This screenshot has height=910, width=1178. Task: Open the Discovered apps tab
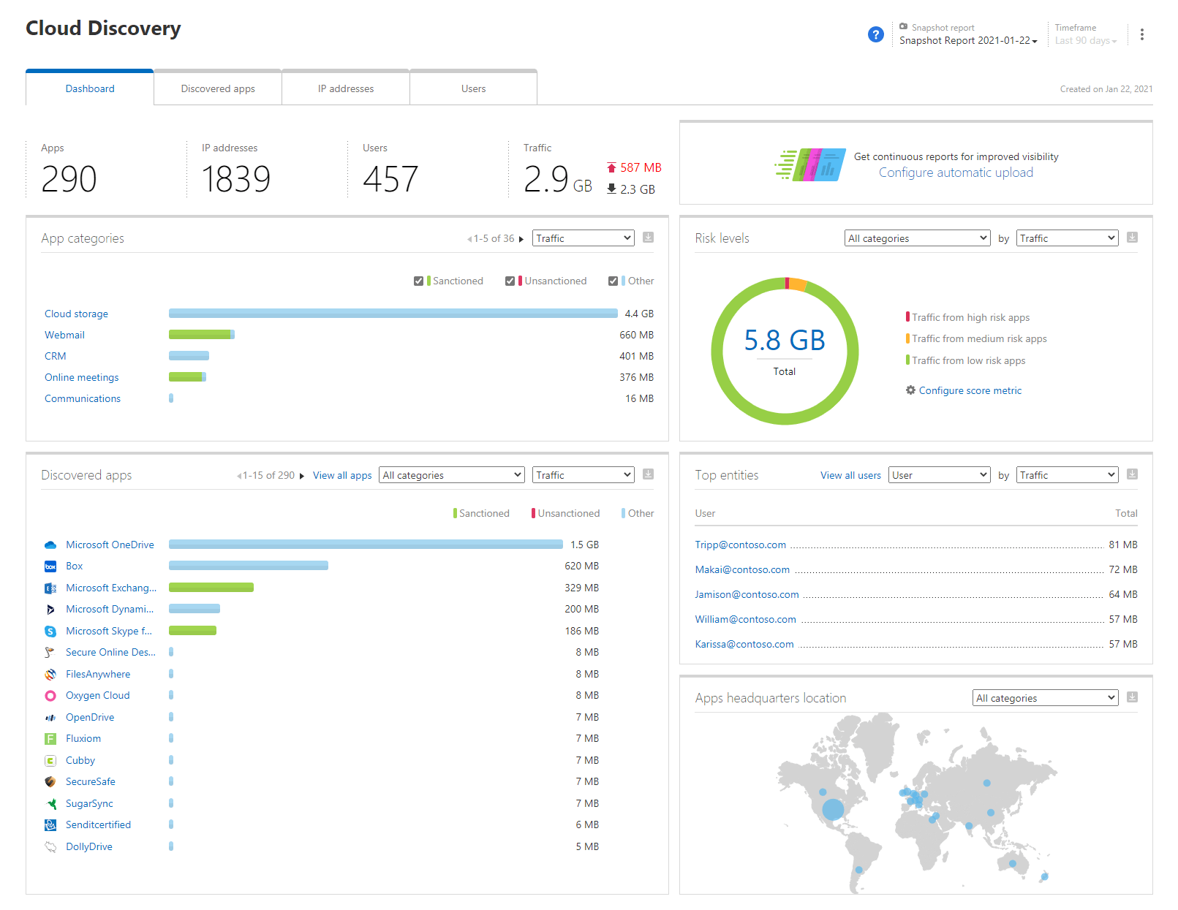point(218,88)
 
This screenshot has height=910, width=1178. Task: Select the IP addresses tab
point(346,88)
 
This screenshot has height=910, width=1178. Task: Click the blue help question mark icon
point(875,34)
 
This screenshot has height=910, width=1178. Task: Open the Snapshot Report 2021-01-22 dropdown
point(968,41)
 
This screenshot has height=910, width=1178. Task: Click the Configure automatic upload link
point(956,172)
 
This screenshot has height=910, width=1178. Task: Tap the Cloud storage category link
point(76,314)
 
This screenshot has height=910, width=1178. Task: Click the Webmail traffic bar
point(201,335)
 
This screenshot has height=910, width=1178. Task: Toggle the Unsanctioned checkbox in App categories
point(510,281)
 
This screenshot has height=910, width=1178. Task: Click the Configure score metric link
point(970,390)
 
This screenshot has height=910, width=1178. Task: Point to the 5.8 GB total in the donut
point(785,341)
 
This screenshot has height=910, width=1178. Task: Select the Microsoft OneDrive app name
point(110,545)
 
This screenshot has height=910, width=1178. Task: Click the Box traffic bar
point(249,566)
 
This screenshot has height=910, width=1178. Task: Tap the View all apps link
point(342,475)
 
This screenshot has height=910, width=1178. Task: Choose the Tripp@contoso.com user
point(740,545)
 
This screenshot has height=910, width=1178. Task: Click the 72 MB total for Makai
point(1122,569)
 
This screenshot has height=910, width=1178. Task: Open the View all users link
point(850,475)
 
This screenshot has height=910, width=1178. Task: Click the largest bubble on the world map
point(833,809)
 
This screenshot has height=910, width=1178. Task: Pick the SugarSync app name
point(89,803)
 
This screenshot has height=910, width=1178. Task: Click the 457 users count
point(390,179)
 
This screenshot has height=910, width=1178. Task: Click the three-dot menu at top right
point(1141,34)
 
